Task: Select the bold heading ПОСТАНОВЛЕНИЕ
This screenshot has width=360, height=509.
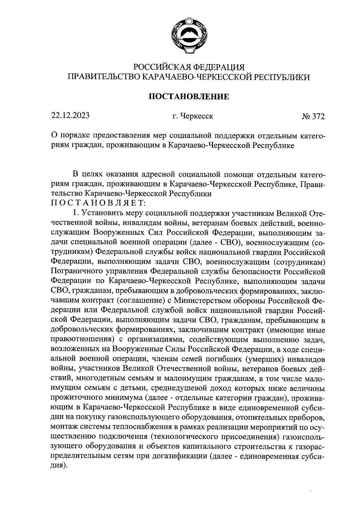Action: click(189, 97)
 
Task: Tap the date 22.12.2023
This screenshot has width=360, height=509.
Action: click(70, 116)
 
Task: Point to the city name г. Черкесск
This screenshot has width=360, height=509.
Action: click(193, 116)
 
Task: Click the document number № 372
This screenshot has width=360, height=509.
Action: click(313, 116)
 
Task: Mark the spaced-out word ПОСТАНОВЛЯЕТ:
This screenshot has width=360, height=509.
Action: click(98, 203)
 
